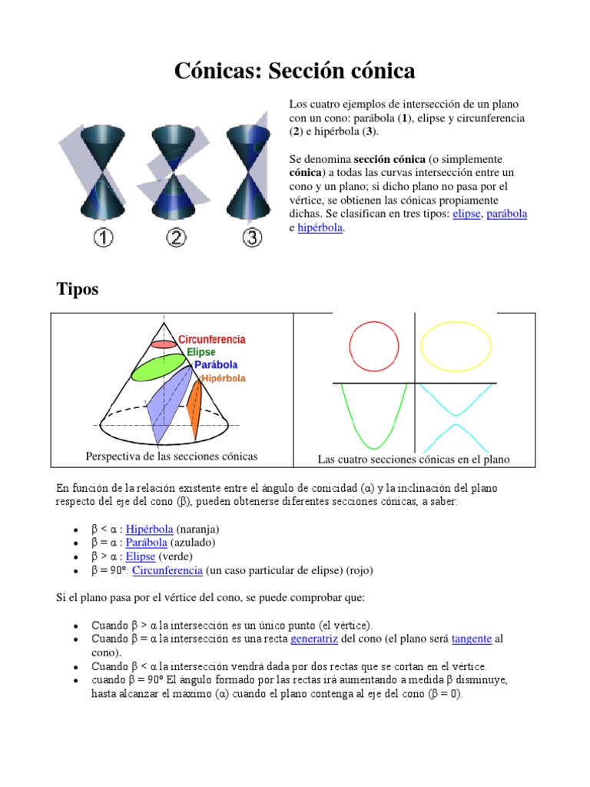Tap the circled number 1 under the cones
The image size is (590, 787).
[103, 237]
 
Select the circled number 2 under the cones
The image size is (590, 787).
[177, 237]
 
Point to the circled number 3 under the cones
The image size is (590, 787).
[252, 237]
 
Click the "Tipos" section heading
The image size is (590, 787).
[78, 290]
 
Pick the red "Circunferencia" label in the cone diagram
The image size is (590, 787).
[212, 339]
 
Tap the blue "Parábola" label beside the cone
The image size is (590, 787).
[216, 364]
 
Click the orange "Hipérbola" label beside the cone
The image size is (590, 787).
[224, 378]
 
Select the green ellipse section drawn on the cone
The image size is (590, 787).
[158, 369]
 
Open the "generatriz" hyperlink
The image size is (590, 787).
[313, 639]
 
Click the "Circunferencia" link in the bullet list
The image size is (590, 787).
[167, 570]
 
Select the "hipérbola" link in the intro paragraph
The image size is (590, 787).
[320, 227]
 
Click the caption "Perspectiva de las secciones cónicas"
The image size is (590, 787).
[171, 457]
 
